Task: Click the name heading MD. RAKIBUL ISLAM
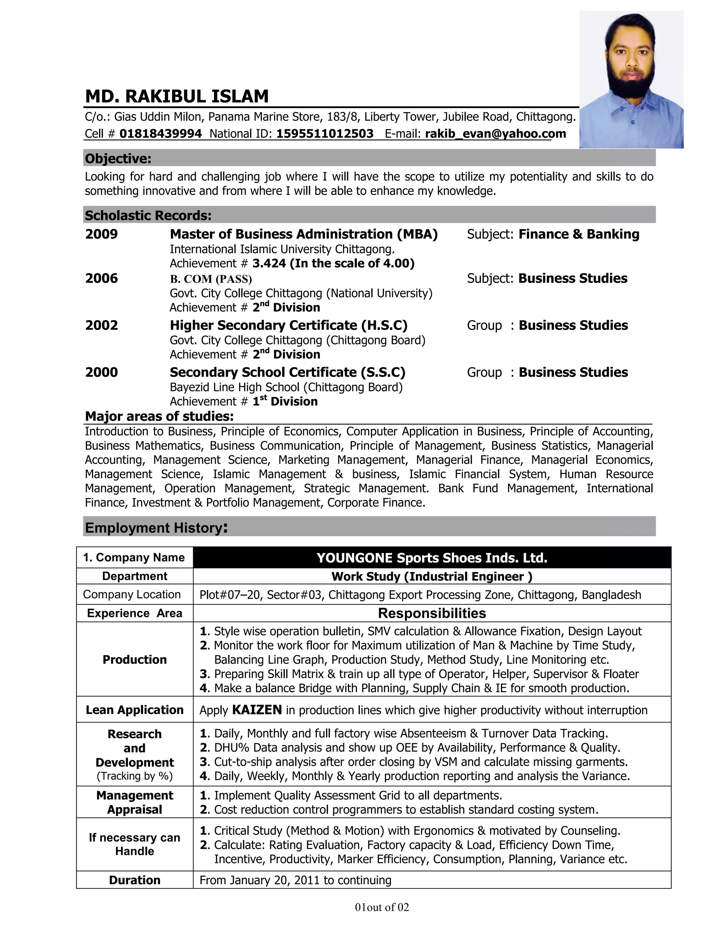177,97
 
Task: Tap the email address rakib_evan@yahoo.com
495,134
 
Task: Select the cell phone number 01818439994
160,134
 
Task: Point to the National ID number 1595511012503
325,134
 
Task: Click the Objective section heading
118,159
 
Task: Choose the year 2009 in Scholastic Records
102,234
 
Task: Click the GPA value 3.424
269,263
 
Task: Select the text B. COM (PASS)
211,279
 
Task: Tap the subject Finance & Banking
579,234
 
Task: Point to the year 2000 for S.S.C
102,373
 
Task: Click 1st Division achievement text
285,401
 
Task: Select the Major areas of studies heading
159,416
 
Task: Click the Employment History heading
156,528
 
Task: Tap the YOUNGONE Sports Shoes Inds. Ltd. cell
432,558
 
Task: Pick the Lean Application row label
134,710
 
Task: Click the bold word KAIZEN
257,710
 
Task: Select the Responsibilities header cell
432,613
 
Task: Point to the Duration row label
134,880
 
